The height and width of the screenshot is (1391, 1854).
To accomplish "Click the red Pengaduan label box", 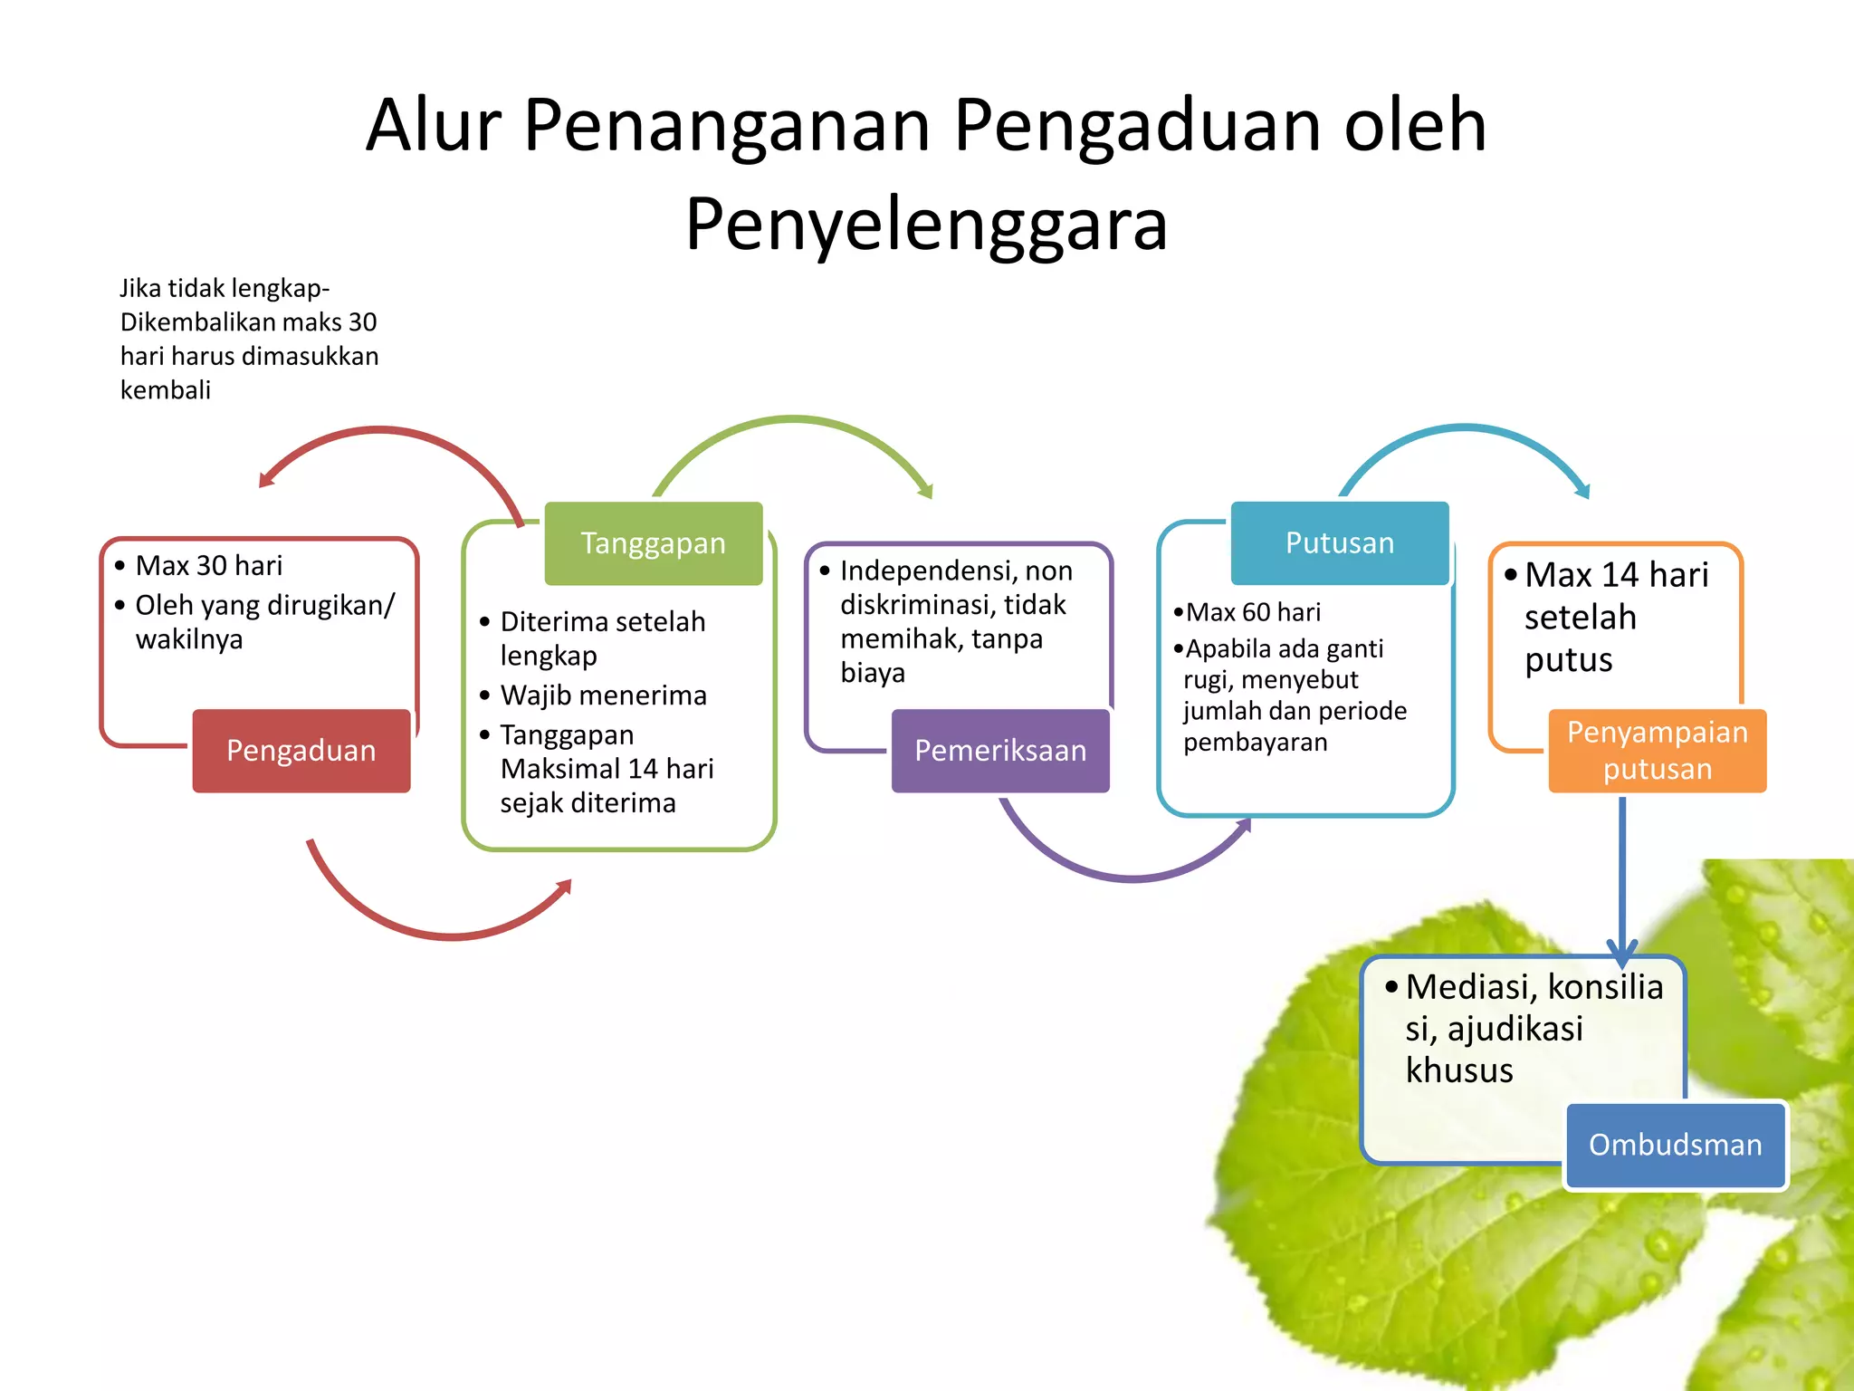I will click(x=301, y=751).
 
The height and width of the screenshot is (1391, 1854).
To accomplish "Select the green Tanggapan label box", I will click(x=653, y=543).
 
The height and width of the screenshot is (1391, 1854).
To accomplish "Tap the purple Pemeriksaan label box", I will click(x=999, y=751).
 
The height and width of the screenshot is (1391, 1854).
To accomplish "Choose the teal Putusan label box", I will click(x=1340, y=542).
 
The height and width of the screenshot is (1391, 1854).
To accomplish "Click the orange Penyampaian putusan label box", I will click(x=1657, y=751).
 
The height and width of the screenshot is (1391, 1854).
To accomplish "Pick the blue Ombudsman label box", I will click(x=1675, y=1145).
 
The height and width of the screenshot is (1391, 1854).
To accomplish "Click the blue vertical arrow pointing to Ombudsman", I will click(x=1621, y=878).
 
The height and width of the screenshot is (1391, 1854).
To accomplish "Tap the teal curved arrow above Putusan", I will click(x=1467, y=427).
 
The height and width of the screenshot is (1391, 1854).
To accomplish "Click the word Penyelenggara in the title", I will click(x=926, y=224).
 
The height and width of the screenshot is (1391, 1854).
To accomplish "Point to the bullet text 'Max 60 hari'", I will click(x=1253, y=613).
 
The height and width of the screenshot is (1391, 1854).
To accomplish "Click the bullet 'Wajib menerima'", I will click(x=603, y=695).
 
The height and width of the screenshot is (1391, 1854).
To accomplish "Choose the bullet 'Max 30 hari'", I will click(x=208, y=566).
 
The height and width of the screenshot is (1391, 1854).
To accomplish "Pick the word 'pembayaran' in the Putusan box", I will click(x=1255, y=743).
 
